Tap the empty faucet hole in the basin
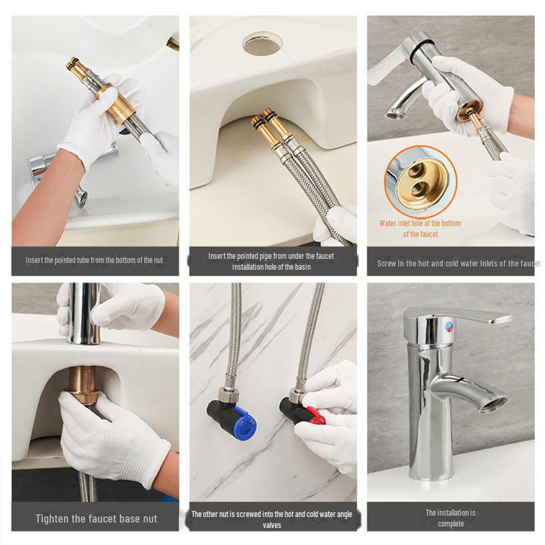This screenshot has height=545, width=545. click(x=262, y=43)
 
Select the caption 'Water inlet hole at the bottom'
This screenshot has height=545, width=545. click(x=420, y=223)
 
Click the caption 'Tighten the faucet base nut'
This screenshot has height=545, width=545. click(x=96, y=518)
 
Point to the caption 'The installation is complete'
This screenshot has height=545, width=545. click(x=450, y=518)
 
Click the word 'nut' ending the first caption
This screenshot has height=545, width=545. click(x=157, y=260)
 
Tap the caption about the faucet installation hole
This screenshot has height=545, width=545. click(x=271, y=262)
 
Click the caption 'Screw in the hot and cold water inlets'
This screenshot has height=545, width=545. click(x=458, y=264)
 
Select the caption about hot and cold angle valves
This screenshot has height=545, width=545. click(x=272, y=519)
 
